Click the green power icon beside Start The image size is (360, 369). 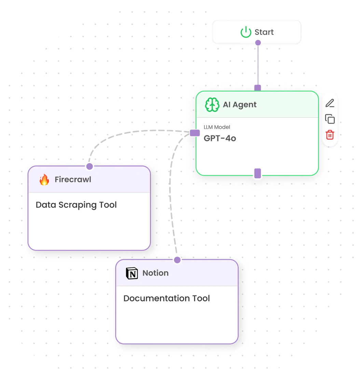(246, 32)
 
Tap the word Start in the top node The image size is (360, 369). (264, 32)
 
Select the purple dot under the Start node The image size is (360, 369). (258, 43)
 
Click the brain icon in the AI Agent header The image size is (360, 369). (212, 105)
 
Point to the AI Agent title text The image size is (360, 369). (239, 105)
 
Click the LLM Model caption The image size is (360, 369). (217, 127)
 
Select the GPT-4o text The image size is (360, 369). (220, 138)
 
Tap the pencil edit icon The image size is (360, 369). (330, 103)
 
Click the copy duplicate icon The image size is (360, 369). (330, 119)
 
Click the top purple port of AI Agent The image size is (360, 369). (258, 88)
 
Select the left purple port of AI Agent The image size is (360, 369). (195, 133)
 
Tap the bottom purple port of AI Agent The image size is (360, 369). (258, 174)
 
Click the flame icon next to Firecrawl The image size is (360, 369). (44, 180)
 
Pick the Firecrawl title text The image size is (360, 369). (73, 180)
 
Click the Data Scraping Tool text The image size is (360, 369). (76, 205)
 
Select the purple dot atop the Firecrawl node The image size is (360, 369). (89, 166)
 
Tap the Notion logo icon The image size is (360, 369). (132, 273)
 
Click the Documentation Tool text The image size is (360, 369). (166, 298)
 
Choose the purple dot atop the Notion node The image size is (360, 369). (177, 260)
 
